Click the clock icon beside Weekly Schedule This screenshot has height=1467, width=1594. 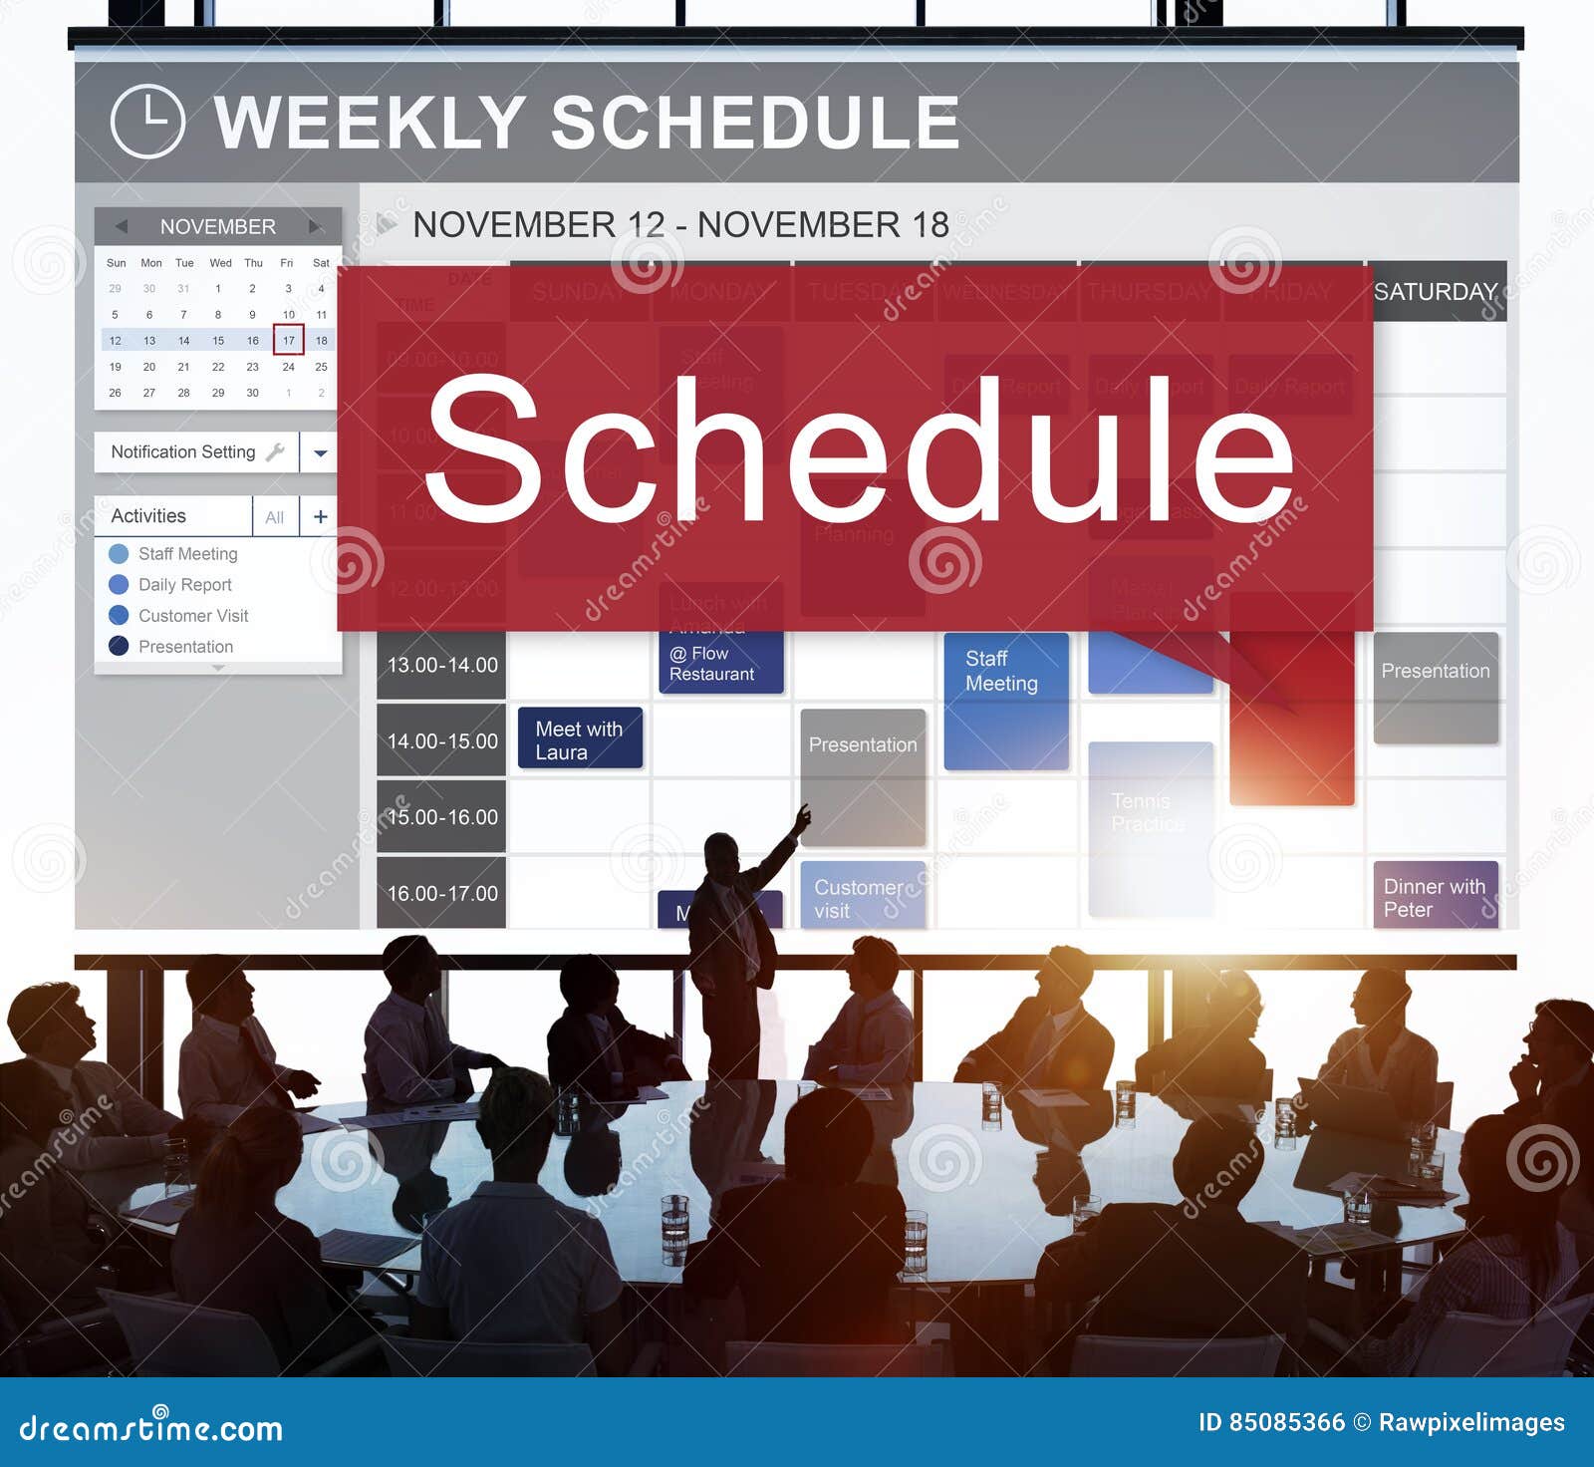(x=147, y=122)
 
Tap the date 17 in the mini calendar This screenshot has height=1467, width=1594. (x=288, y=340)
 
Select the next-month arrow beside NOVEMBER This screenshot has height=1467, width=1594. (x=315, y=226)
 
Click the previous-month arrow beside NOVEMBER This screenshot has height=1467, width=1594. (x=121, y=226)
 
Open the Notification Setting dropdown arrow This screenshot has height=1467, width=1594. (x=320, y=452)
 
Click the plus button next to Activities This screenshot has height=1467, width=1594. (x=320, y=516)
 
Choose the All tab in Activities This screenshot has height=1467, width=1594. (x=275, y=516)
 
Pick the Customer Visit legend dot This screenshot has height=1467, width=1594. (x=119, y=615)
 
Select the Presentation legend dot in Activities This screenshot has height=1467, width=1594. (x=119, y=646)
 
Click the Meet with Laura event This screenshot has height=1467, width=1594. (x=580, y=738)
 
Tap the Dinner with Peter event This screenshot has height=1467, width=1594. (x=1435, y=896)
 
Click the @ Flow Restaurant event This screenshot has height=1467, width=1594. (x=720, y=663)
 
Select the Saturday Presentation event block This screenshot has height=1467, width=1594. (x=1436, y=688)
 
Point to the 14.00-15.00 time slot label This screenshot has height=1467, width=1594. (x=441, y=740)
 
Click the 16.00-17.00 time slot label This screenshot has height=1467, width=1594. (x=441, y=893)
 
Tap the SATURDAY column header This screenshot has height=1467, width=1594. (x=1436, y=291)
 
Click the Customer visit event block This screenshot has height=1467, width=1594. (x=862, y=896)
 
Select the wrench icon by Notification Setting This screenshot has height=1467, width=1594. (x=276, y=451)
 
